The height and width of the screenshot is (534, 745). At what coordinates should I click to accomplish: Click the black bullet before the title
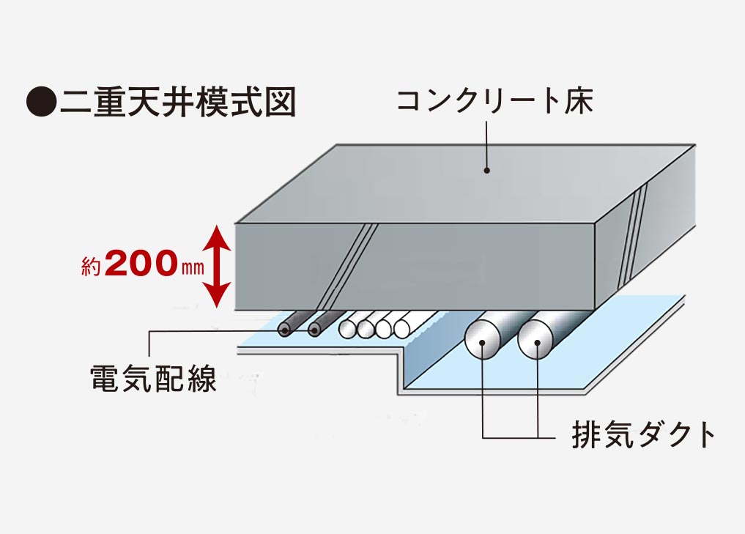pyautogui.click(x=41, y=102)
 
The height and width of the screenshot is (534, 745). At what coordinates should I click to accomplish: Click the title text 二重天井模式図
pyautogui.click(x=178, y=102)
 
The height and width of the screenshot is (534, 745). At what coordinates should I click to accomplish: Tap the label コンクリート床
pyautogui.click(x=494, y=100)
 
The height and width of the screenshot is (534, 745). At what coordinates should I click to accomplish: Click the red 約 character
pyautogui.click(x=91, y=267)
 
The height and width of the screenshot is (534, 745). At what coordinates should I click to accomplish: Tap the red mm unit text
pyautogui.click(x=192, y=268)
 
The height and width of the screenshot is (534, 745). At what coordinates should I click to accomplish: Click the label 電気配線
pyautogui.click(x=152, y=380)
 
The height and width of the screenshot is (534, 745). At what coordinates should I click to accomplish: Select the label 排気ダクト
pyautogui.click(x=642, y=435)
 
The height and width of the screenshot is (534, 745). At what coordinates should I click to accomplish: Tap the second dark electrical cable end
pyautogui.click(x=314, y=330)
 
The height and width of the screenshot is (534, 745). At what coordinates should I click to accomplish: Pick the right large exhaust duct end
pyautogui.click(x=536, y=342)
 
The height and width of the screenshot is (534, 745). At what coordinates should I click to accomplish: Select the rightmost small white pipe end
pyautogui.click(x=401, y=329)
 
